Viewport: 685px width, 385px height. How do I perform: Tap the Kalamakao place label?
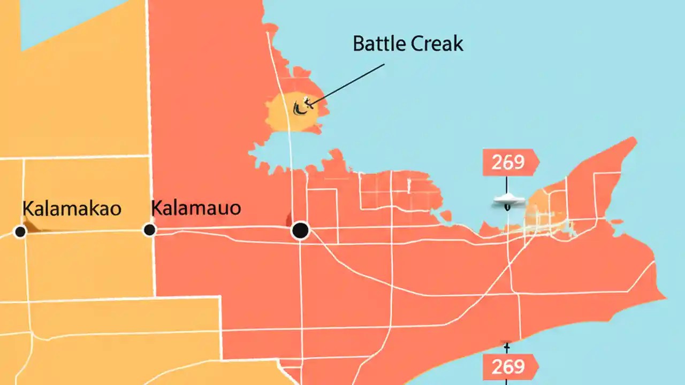coord(72,209)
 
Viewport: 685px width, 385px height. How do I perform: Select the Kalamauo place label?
coord(196,207)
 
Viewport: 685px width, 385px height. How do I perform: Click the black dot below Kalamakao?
coord(20,232)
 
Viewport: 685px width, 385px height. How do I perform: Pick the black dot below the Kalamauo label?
coord(149,230)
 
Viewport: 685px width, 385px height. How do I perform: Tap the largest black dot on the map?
coord(300,230)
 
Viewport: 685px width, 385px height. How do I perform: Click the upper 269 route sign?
coord(509,162)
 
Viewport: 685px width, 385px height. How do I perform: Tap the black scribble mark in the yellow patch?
coord(301,106)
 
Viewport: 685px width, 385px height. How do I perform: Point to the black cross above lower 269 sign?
coord(506,344)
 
